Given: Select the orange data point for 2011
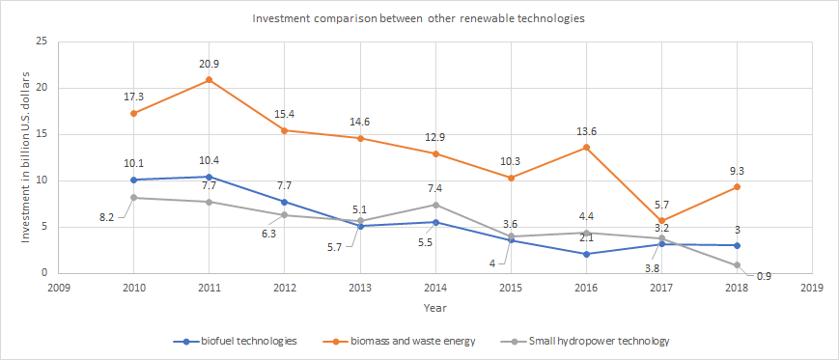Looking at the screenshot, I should coord(209,80).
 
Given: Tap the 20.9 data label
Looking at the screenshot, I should coord(209,63).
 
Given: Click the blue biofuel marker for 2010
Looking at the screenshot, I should coord(133,180).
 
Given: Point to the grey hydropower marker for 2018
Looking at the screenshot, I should coord(737,264).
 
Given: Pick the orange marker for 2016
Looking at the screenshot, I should coord(586,148).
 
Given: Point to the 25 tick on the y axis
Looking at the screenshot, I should coord(41,42).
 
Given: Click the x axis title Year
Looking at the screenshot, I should coord(434,307).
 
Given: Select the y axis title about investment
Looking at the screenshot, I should coord(27,156).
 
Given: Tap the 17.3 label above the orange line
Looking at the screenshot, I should coord(133,97).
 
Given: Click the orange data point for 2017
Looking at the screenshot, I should coord(661,221).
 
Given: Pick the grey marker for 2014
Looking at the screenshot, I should coord(435,205).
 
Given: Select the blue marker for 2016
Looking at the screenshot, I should coord(586,254).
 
